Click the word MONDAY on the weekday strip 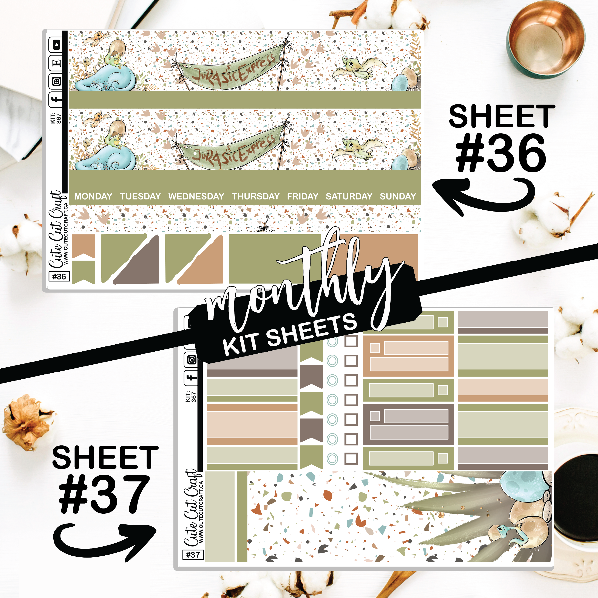(x=93, y=196)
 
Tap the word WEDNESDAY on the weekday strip (x=196, y=196)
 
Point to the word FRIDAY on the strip (x=303, y=196)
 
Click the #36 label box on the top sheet (x=59, y=276)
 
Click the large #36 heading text (x=501, y=153)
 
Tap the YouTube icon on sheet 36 (x=56, y=45)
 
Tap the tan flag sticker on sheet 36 (x=83, y=246)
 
